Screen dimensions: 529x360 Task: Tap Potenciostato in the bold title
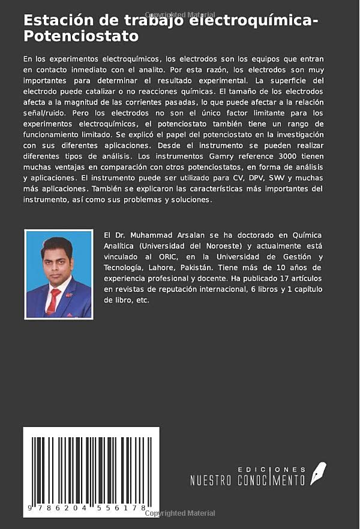81,36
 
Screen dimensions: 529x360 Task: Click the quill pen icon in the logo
317,473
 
